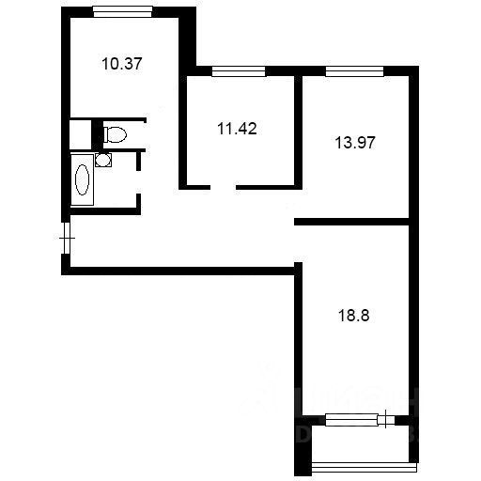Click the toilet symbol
(115, 133)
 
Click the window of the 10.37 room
(123, 11)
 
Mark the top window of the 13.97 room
(354, 71)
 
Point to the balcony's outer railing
(362, 464)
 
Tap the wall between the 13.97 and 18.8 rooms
(353, 223)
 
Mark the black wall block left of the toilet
(96, 134)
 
